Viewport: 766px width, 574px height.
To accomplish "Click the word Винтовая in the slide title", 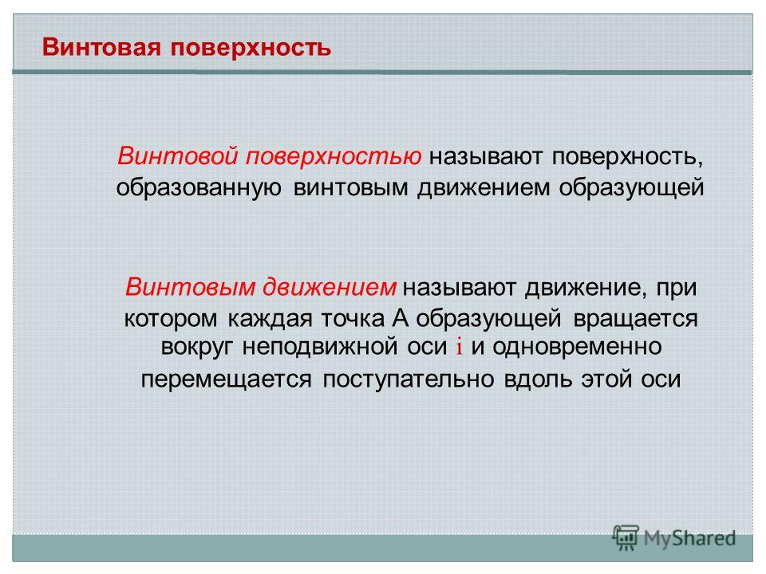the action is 101,47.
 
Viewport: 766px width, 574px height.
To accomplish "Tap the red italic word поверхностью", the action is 334,157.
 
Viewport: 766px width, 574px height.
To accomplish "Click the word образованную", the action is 199,188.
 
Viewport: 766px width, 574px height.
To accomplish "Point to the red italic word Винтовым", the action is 191,286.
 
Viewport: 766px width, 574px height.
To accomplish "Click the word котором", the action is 171,319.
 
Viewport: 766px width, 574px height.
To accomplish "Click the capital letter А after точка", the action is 400,318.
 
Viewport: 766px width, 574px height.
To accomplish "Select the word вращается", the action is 636,319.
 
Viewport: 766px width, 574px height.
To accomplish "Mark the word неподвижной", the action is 320,347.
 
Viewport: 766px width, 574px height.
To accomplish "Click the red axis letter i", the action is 460,347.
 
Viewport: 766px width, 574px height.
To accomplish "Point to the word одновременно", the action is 577,347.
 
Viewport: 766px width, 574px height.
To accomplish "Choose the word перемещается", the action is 226,379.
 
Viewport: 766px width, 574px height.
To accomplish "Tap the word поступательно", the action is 408,379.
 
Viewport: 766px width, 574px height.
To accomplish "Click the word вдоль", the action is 537,378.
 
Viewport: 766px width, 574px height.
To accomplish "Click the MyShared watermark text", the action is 689,538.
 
